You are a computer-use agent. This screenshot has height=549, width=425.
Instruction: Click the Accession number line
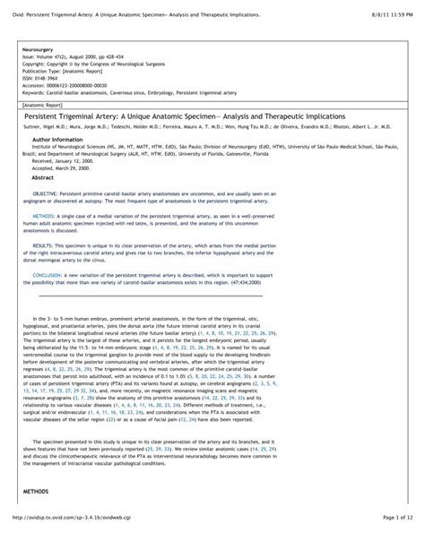pos(73,82)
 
